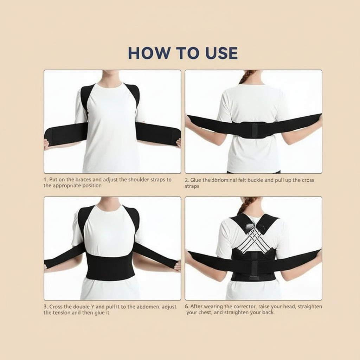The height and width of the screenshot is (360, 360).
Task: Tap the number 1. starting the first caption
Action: click(x=46, y=180)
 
